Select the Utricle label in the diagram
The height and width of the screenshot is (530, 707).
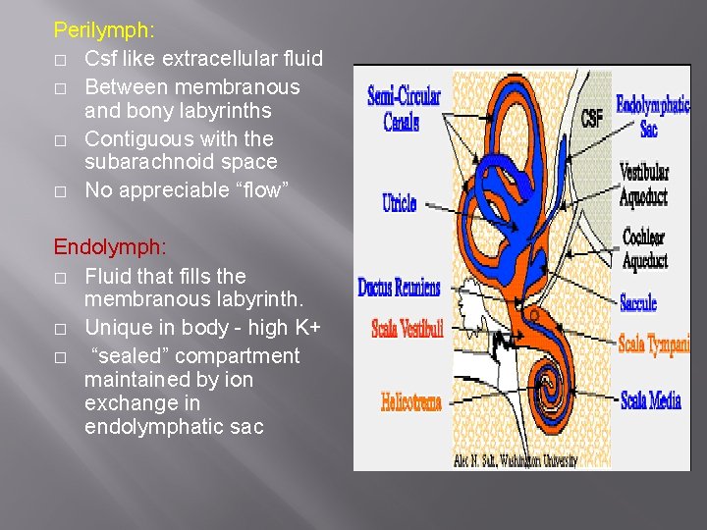click(400, 203)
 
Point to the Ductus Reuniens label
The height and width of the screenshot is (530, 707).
click(399, 288)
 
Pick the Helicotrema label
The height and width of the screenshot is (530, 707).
click(411, 401)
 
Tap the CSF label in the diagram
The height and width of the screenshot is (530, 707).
click(591, 118)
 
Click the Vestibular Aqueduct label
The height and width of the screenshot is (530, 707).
click(644, 185)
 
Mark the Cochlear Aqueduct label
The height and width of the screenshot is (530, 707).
click(645, 248)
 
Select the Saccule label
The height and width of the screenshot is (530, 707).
click(638, 303)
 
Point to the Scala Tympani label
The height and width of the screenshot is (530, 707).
click(653, 344)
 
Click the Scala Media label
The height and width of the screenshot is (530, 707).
click(651, 400)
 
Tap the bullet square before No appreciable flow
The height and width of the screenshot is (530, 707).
click(60, 191)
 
